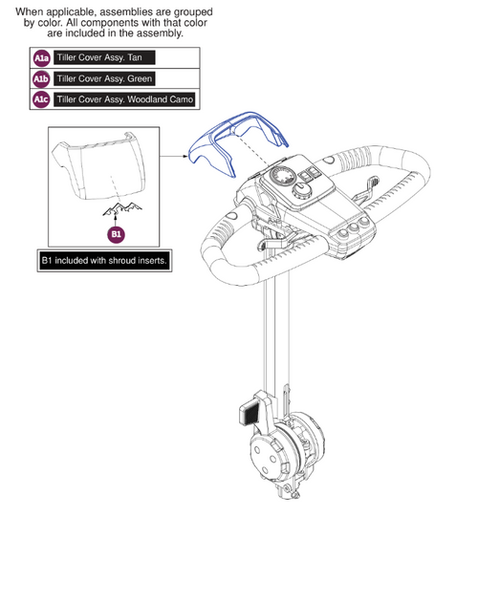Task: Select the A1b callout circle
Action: [x=41, y=79]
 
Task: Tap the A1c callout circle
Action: [x=41, y=100]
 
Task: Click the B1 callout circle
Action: [x=115, y=232]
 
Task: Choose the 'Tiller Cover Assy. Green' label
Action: [x=104, y=79]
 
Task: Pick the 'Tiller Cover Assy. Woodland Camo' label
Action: [x=125, y=100]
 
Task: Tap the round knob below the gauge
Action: [x=300, y=192]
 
